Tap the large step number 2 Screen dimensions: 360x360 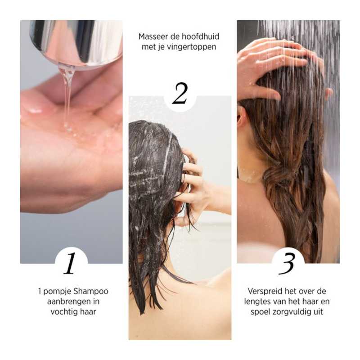180,94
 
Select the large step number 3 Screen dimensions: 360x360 288,263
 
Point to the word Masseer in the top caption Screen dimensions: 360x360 154,36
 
